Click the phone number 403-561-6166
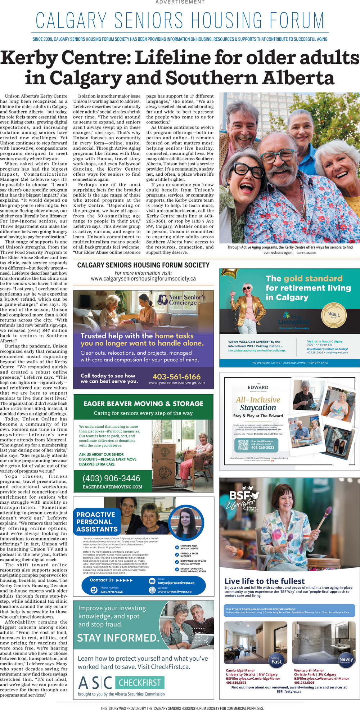coord(176,377)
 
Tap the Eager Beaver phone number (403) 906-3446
coord(111,478)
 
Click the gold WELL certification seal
coord(334,314)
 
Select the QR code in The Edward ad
coord(243,445)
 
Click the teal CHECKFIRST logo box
coord(140,683)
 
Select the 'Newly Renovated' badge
coord(346,660)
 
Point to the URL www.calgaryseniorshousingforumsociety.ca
coord(143,279)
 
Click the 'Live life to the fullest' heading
coord(264,581)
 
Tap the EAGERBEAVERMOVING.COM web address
coord(112,487)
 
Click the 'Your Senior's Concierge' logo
coord(183,300)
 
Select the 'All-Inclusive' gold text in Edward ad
coord(258,400)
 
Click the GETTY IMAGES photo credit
coord(306,253)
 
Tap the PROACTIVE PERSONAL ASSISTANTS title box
coord(97,522)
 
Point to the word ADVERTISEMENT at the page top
coord(180,2)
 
